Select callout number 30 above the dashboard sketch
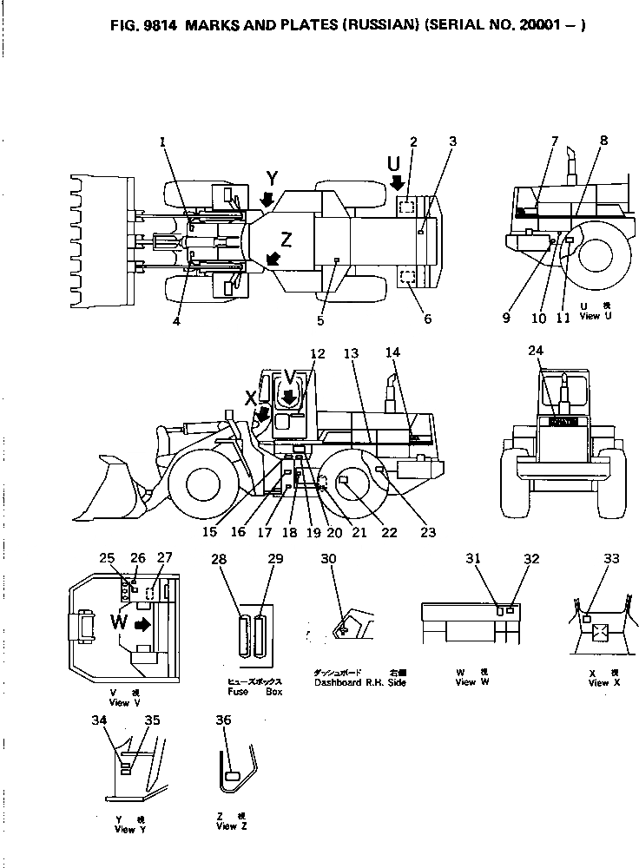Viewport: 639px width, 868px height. (328, 560)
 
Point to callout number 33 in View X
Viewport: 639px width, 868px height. (612, 559)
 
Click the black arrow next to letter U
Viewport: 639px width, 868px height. (398, 182)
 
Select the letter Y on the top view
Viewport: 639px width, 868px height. (273, 178)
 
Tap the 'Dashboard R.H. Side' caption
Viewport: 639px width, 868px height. (361, 682)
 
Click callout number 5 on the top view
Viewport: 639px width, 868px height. (321, 320)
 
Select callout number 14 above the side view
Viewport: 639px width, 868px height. (393, 353)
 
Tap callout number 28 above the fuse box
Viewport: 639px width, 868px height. (220, 560)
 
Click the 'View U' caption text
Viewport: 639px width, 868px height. (590, 316)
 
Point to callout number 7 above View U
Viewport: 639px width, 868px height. (555, 141)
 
